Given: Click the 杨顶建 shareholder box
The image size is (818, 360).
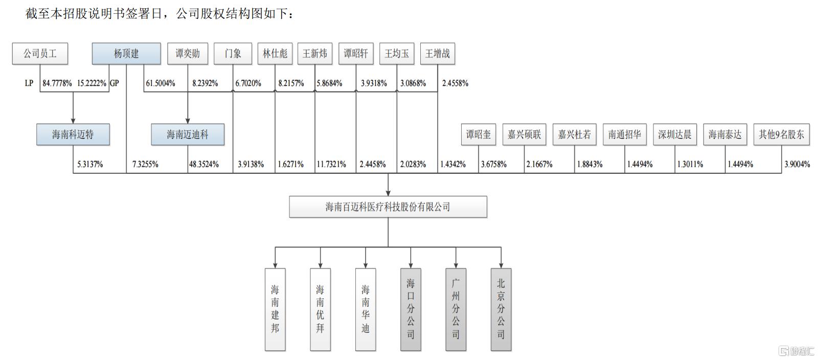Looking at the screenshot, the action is point(126,54).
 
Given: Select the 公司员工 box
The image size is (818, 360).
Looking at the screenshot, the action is point(40,54).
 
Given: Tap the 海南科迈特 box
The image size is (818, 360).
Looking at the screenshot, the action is point(73,134).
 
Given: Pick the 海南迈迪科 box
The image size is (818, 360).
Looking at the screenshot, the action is point(188,134).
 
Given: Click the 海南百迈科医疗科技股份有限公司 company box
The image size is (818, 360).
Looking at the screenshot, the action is point(388,207).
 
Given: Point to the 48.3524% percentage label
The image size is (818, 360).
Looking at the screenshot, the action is point(204,164).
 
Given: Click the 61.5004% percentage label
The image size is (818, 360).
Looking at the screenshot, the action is point(161,83).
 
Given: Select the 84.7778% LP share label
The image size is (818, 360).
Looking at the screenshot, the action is point(57,83).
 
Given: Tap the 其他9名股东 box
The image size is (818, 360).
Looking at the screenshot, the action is point(782,134).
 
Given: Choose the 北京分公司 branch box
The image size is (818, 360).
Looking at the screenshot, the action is point(501,309).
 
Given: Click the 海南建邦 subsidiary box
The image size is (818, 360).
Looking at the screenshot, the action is point(275,309).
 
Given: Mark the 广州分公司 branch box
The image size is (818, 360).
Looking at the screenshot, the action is point(456,309).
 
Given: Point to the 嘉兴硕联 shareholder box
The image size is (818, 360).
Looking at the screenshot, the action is point(524,134).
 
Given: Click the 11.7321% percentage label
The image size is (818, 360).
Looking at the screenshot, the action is point(331,164).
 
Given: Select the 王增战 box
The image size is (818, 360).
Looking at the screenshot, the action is point(438,54).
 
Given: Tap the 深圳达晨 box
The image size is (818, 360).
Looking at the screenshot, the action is point(675,134).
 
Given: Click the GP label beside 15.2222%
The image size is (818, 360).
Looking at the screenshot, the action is point(115,83).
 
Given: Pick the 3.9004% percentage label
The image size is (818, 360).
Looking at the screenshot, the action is point(797,164).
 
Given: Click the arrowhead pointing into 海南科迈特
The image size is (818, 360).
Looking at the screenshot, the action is point(73,121).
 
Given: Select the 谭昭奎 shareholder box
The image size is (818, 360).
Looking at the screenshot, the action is point(479,134).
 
